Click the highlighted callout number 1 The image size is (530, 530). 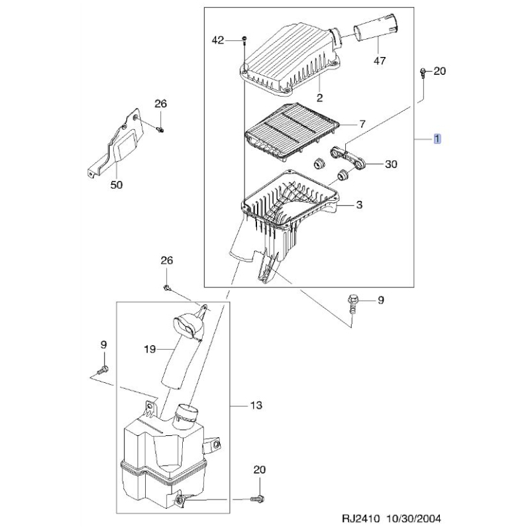(x=437, y=138)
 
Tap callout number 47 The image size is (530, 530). (x=380, y=61)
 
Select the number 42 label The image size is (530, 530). (x=218, y=40)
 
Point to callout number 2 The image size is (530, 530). (x=319, y=97)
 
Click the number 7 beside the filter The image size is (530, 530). (x=362, y=124)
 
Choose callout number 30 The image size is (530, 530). (x=391, y=164)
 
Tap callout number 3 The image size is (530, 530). (x=359, y=205)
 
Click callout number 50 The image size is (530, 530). (x=117, y=185)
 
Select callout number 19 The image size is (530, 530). (x=150, y=349)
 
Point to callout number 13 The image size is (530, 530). (x=256, y=405)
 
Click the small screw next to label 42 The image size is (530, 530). (x=244, y=40)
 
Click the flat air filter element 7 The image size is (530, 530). (x=291, y=131)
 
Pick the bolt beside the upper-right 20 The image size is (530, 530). (x=423, y=73)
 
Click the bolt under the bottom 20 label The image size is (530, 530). (x=258, y=498)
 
